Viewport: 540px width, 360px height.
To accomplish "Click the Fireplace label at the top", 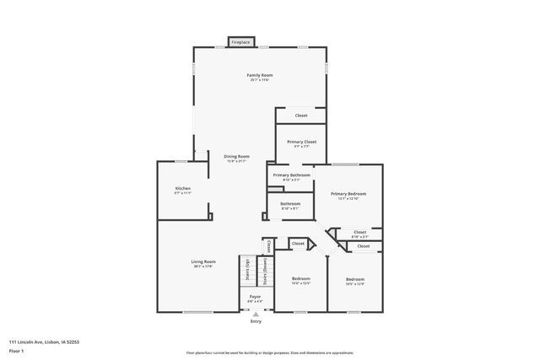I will pyautogui.click(x=240, y=41).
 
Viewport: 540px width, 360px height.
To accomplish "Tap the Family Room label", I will pyautogui.click(x=259, y=76).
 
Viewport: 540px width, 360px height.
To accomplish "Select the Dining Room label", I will pyautogui.click(x=236, y=156).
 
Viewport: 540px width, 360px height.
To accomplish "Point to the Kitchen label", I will pyautogui.click(x=183, y=188).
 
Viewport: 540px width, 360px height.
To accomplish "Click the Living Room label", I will pyautogui.click(x=203, y=261).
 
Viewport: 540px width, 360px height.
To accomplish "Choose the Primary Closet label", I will pyautogui.click(x=301, y=142).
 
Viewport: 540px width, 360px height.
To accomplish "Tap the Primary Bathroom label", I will pyautogui.click(x=290, y=175).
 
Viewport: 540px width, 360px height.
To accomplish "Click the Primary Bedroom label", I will pyautogui.click(x=348, y=193).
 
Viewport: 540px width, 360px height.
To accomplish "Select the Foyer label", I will pyautogui.click(x=254, y=297).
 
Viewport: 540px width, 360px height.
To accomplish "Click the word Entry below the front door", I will pyautogui.click(x=255, y=320).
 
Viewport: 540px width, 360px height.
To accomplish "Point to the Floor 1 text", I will pyautogui.click(x=16, y=349).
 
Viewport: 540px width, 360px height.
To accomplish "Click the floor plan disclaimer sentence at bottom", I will pyautogui.click(x=270, y=352).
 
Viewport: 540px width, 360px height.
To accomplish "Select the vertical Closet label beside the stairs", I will pyautogui.click(x=269, y=247).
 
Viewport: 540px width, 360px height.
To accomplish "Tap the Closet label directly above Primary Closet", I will pyautogui.click(x=301, y=116).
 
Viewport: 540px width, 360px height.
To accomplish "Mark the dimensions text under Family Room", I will pyautogui.click(x=259, y=81).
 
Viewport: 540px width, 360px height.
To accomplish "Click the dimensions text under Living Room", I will pyautogui.click(x=203, y=266).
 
